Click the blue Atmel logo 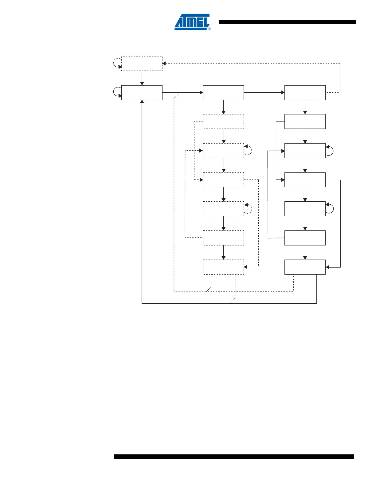click(192, 22)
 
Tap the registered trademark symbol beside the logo click(209, 29)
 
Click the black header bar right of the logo click(287, 22)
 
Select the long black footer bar click(234, 457)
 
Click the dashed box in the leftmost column click(142, 64)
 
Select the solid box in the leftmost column click(142, 92)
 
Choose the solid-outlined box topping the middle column click(223, 92)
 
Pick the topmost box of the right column click(305, 92)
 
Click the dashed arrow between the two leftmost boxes click(142, 78)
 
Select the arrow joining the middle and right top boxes click(264, 92)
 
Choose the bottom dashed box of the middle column click(223, 267)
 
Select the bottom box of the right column click(305, 267)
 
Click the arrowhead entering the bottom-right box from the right click(327, 267)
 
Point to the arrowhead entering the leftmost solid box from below click(142, 102)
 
